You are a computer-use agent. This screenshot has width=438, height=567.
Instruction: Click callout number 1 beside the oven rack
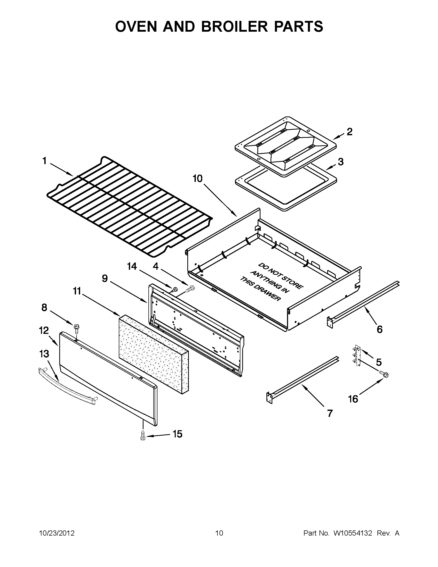(x=44, y=161)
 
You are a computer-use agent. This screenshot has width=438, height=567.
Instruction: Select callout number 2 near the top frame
(x=349, y=132)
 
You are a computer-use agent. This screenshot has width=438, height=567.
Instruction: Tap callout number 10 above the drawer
(x=197, y=179)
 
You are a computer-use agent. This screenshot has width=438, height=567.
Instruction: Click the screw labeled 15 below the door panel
(x=142, y=436)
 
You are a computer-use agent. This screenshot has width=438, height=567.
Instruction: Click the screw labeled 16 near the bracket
(x=385, y=374)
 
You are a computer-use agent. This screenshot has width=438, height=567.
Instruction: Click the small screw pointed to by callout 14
(x=175, y=289)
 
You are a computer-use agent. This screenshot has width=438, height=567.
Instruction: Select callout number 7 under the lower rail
(x=330, y=413)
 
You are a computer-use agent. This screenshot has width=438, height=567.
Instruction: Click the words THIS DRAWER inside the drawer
(x=260, y=289)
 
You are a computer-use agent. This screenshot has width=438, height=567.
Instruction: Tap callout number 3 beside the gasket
(x=340, y=162)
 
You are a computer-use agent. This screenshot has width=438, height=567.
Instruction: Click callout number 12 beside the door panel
(x=44, y=331)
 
